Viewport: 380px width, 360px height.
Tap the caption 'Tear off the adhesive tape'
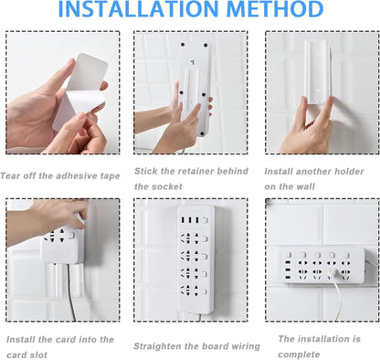pos(61,174)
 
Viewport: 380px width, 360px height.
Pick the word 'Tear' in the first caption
pos(12,174)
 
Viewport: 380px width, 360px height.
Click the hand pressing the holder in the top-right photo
pos(311,128)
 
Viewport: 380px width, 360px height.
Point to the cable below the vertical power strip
pos(186,312)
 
